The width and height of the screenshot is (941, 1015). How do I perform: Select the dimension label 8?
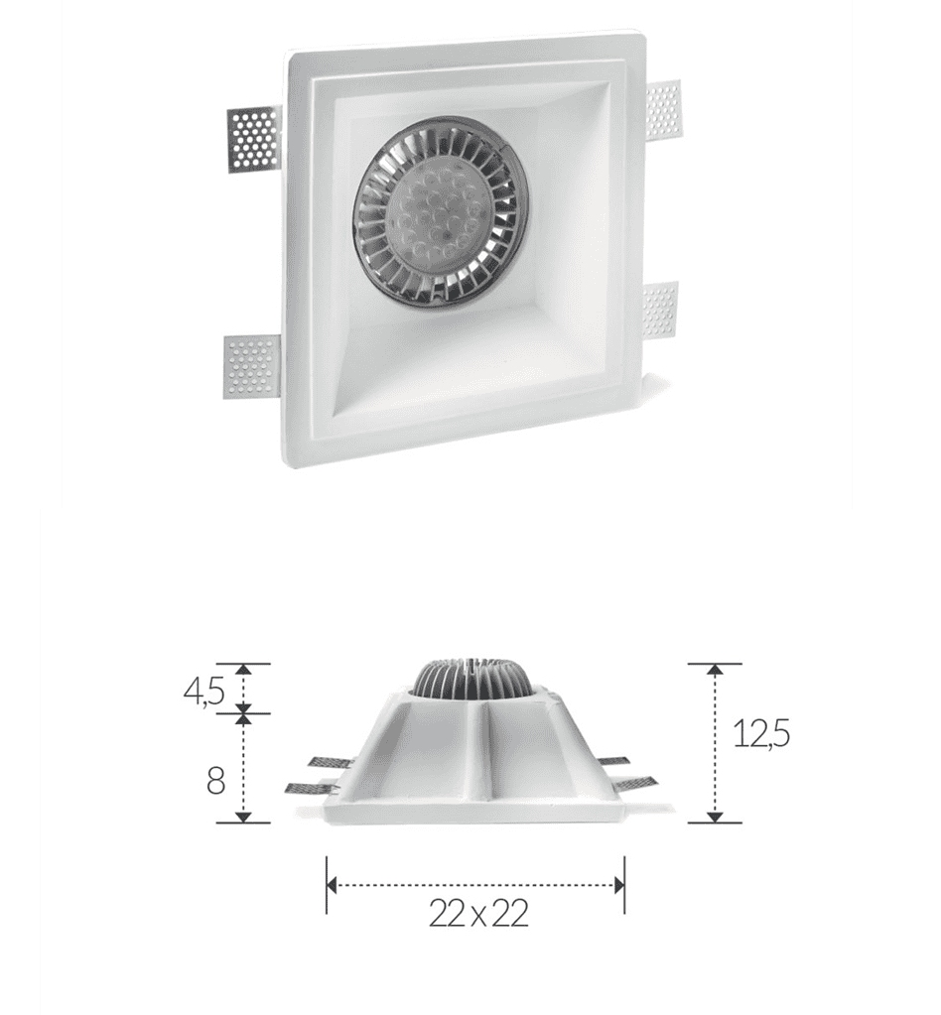(x=216, y=781)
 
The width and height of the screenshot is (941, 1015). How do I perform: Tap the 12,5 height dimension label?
(x=761, y=734)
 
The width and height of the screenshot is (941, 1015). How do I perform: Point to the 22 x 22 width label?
(x=478, y=914)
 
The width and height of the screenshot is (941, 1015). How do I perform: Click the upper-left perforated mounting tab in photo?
(x=254, y=141)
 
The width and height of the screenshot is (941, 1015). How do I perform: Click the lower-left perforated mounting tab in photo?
(x=251, y=367)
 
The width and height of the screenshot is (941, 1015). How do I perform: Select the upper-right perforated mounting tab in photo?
(x=663, y=114)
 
